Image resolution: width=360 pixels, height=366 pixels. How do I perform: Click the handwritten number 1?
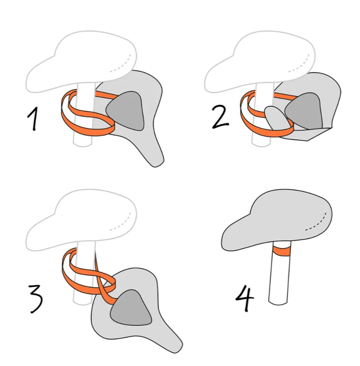[33, 119]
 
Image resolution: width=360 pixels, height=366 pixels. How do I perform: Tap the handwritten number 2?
[220, 116]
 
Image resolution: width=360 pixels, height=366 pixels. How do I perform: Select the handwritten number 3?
[36, 299]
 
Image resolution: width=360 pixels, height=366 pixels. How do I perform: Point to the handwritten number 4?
[245, 299]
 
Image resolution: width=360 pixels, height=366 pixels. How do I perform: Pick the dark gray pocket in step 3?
[131, 308]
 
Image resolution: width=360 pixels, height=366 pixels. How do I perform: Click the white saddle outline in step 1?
[80, 61]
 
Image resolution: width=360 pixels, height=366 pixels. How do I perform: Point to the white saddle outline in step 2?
[259, 61]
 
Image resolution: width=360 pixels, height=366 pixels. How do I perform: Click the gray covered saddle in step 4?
[276, 220]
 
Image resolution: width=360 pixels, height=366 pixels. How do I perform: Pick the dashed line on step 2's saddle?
[300, 63]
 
